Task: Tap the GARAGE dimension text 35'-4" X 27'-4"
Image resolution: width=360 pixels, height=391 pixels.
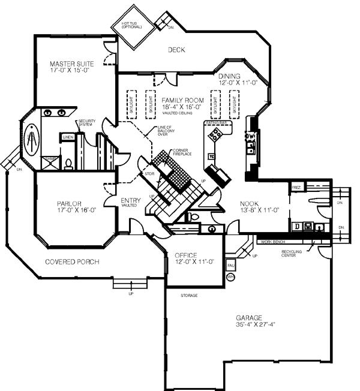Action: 251,324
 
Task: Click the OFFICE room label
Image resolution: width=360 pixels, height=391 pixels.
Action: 186,255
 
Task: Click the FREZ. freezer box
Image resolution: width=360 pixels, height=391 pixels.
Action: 296,188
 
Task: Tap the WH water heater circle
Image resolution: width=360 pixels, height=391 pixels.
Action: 230,277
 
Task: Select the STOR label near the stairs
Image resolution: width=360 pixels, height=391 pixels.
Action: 149,174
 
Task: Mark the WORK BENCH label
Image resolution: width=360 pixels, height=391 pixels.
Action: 272,242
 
